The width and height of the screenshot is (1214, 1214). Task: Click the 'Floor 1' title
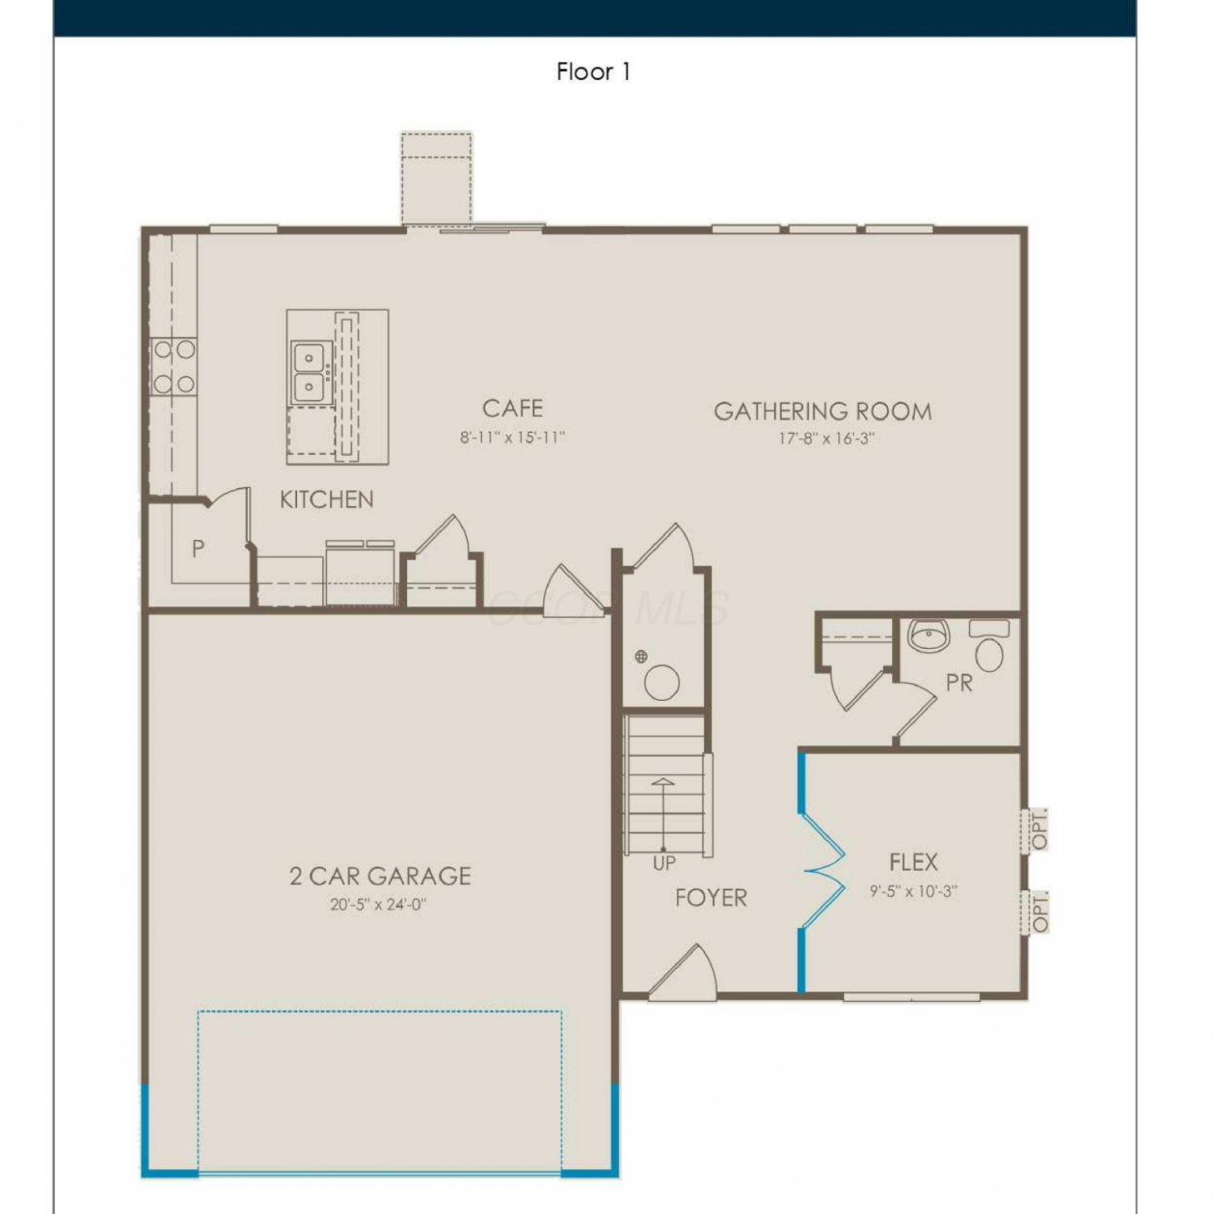click(593, 71)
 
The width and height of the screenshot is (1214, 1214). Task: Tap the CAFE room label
click(512, 408)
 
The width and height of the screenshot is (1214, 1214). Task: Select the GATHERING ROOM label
click(822, 411)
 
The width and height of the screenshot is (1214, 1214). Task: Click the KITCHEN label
click(326, 499)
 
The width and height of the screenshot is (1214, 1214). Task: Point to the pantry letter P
click(197, 549)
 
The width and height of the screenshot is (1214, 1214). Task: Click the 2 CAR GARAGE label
click(380, 876)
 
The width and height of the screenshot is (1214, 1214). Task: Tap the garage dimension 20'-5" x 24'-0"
click(378, 904)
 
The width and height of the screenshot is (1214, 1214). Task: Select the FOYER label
click(711, 898)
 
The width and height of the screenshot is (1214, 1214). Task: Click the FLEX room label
click(914, 862)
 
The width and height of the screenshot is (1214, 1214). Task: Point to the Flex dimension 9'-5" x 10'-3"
click(914, 891)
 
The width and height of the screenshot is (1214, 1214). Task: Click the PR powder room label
click(959, 683)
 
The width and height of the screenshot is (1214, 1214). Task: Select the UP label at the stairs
click(664, 864)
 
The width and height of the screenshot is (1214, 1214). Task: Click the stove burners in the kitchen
click(174, 367)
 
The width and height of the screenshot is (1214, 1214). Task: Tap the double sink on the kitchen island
click(312, 373)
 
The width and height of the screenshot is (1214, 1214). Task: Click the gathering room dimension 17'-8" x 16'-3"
click(826, 438)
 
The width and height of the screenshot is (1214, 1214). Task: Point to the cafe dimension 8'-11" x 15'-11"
click(512, 437)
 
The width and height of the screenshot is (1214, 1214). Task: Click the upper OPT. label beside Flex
click(1038, 829)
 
